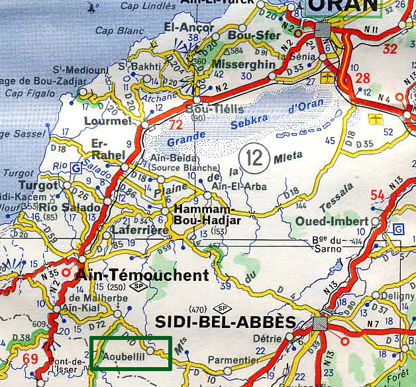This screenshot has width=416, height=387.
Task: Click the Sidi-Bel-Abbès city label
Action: tap(225, 322)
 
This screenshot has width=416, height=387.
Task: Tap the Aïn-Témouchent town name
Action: tap(143, 275)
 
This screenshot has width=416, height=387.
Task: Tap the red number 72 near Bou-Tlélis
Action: tap(176, 125)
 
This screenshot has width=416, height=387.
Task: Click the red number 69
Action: tap(30, 359)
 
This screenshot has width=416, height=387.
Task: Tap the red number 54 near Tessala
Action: tap(378, 195)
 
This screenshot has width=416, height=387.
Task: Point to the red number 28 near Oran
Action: tap(362, 78)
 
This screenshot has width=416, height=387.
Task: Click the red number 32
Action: tap(391, 48)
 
